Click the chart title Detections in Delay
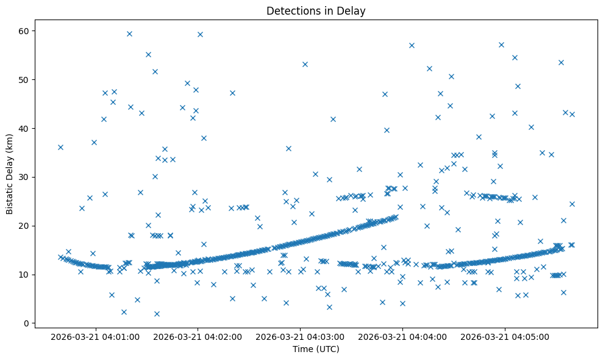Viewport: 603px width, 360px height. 316,10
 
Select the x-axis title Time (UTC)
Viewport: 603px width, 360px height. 316,349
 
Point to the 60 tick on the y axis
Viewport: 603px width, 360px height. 34,31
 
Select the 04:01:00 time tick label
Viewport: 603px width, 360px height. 95,336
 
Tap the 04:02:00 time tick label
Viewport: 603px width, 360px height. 198,336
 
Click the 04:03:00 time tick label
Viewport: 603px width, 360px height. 300,336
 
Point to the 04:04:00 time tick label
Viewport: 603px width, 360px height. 402,336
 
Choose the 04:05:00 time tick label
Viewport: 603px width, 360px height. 505,336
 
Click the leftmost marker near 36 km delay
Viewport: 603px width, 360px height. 60,147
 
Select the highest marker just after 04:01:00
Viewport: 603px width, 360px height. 129,34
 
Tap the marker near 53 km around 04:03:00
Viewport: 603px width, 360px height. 305,64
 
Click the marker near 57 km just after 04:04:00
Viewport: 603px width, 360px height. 412,45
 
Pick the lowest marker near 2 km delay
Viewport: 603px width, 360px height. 157,314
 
